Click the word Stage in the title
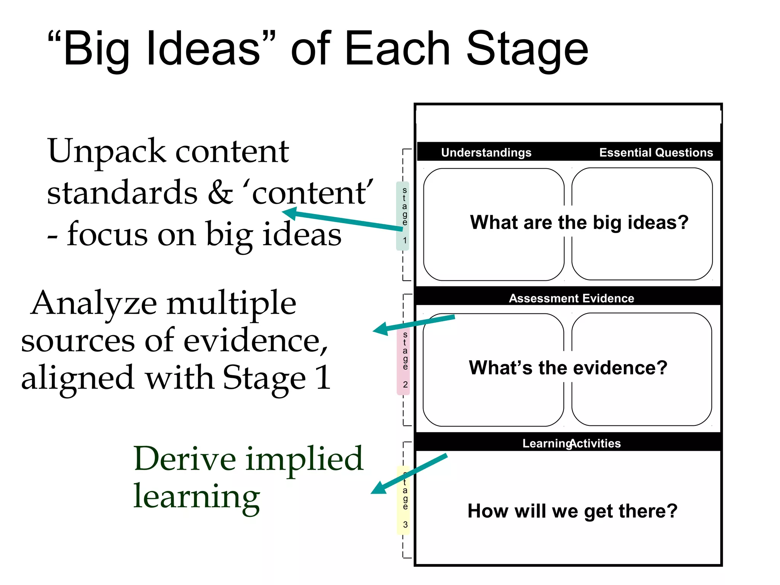click(527, 50)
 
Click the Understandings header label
click(486, 153)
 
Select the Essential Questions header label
click(656, 153)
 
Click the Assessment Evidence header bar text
click(571, 298)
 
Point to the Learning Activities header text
click(571, 443)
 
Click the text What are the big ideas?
click(579, 222)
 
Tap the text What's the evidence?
click(568, 368)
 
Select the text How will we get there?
click(572, 511)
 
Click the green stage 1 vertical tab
click(403, 216)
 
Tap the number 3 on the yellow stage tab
click(405, 525)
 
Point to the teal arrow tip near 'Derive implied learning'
click(377, 489)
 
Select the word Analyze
click(93, 304)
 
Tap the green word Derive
click(185, 459)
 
